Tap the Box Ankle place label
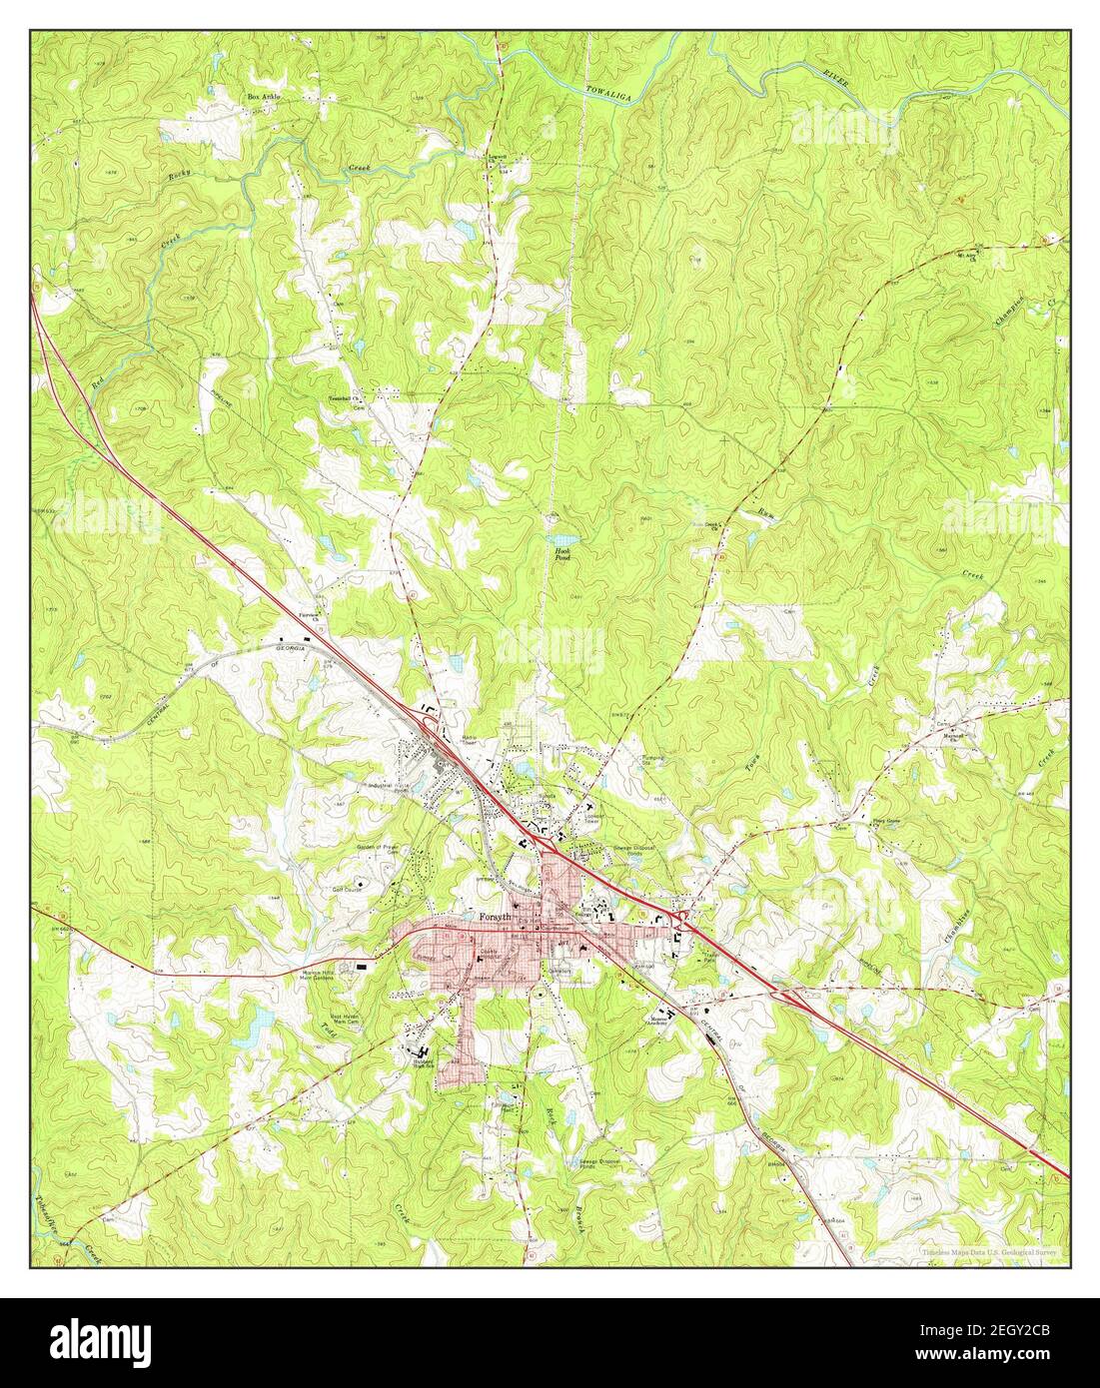[265, 97]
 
